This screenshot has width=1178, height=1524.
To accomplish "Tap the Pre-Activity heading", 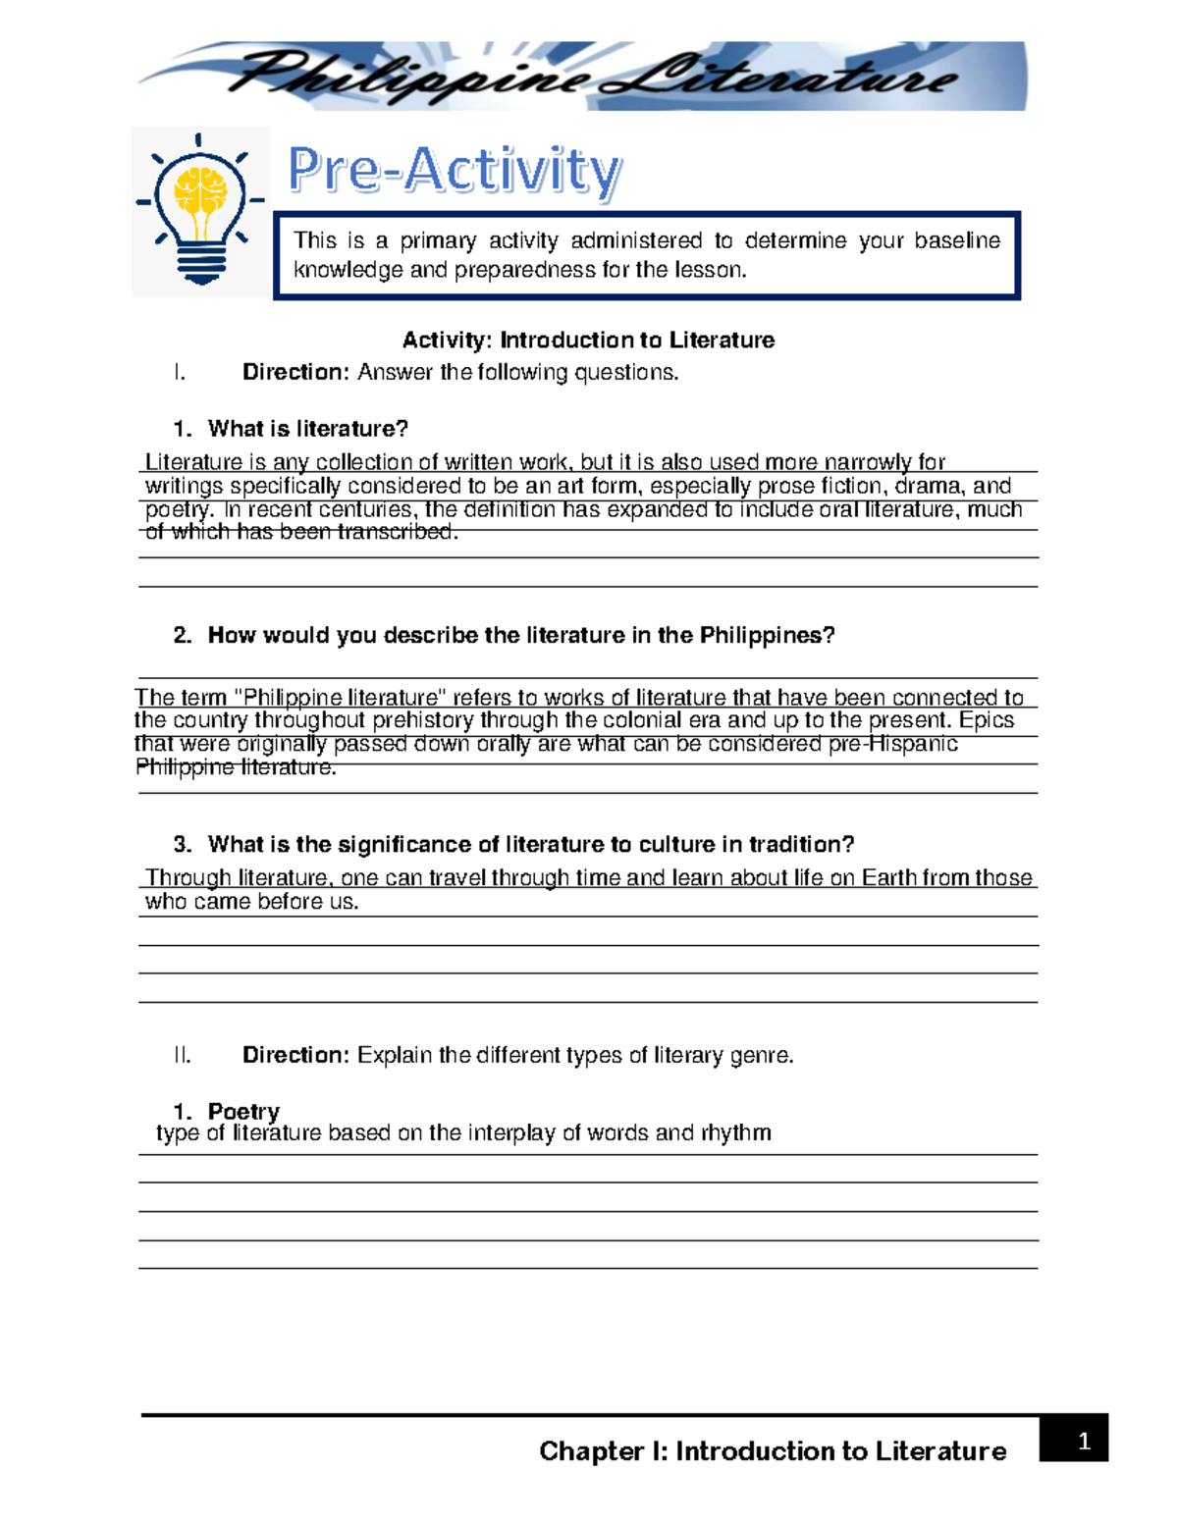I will point(455,171).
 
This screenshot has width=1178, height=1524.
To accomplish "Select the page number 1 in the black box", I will point(1084,1441).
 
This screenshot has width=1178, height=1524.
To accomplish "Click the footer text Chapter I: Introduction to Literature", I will point(773,1451).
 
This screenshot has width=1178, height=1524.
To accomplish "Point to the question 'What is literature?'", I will point(307,429).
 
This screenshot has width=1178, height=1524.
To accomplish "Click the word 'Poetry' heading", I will point(243,1111).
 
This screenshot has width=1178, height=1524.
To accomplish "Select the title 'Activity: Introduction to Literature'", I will point(588,340).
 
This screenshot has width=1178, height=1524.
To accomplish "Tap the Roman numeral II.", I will point(182,1055).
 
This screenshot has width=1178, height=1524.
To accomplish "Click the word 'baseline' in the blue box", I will point(957,240).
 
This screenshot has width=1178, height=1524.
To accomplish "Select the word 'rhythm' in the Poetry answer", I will point(735,1132).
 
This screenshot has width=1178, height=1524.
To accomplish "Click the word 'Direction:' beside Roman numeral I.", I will point(295,372).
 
